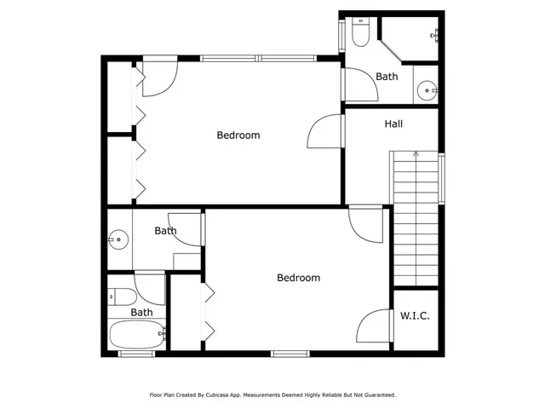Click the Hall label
(x=393, y=124)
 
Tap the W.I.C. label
(x=415, y=316)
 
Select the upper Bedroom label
(x=238, y=135)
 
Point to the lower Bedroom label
(x=298, y=278)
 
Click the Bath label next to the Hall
(x=387, y=77)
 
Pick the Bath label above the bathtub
(x=141, y=312)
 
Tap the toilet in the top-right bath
(x=360, y=32)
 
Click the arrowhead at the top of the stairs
(x=416, y=154)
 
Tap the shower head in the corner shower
(x=436, y=33)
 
